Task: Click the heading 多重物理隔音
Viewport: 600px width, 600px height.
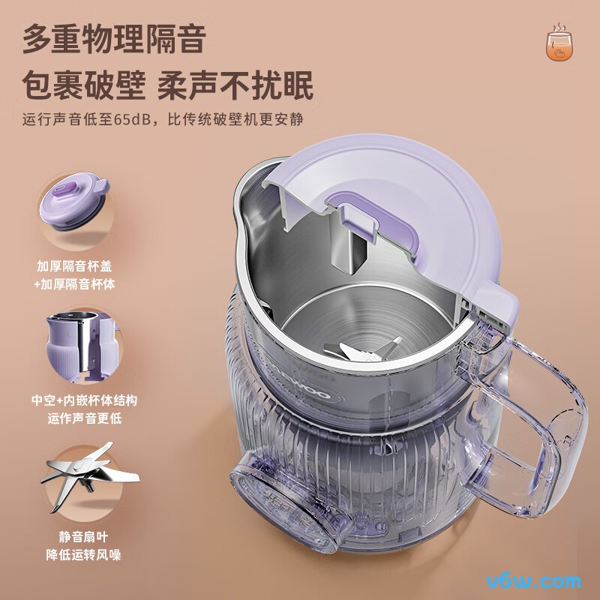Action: click(x=114, y=39)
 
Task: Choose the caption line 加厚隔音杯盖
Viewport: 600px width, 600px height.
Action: click(x=79, y=266)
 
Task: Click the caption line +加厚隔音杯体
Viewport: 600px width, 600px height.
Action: click(x=79, y=284)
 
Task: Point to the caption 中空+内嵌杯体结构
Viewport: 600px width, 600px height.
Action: click(x=84, y=400)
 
